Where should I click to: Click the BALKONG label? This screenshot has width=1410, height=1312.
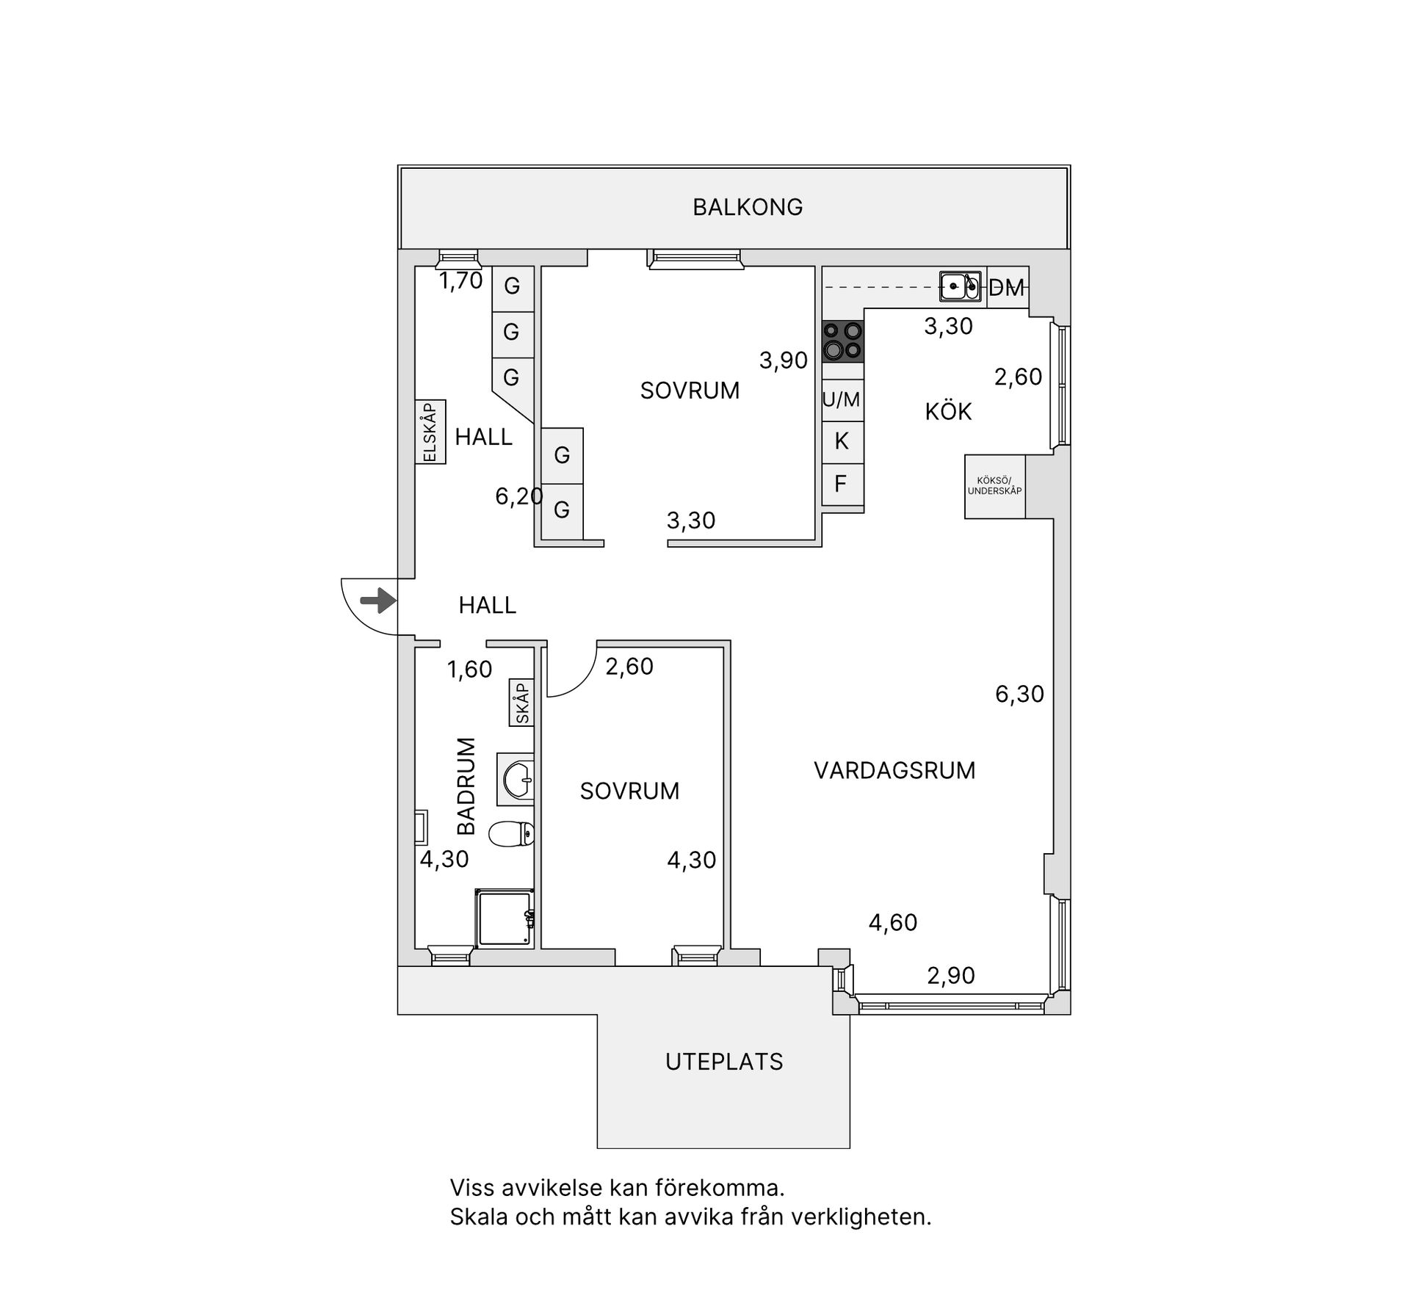748,208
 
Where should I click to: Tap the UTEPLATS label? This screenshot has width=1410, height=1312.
724,1062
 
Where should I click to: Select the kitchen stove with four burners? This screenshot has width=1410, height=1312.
842,341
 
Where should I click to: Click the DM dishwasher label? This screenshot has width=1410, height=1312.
1005,289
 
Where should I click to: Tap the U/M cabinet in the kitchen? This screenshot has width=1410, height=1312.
842,400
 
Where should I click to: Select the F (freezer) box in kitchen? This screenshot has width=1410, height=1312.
842,484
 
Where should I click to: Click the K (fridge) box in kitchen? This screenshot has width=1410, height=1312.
842,441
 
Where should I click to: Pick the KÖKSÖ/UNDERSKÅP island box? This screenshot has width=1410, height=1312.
994,487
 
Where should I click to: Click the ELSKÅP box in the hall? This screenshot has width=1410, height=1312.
430,432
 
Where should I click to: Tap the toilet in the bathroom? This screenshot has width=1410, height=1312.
511,834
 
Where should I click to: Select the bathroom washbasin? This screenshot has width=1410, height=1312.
518,778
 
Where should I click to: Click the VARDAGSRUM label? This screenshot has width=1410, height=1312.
894,771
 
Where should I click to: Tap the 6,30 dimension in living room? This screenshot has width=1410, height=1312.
1019,695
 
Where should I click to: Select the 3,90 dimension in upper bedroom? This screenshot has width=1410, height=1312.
784,360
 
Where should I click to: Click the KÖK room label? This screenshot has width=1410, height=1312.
948,412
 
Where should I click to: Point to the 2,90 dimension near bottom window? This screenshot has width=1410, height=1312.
950,976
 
